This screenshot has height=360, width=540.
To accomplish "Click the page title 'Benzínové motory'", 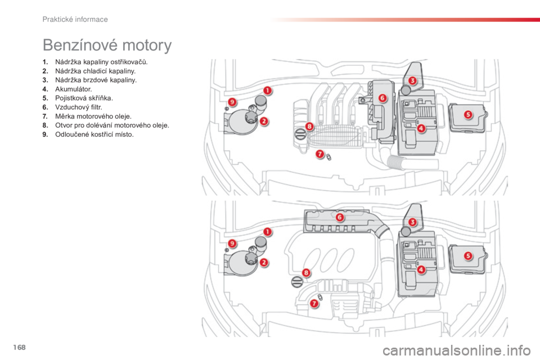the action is click(107, 46).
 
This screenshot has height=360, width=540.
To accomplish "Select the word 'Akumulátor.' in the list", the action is click(73, 89).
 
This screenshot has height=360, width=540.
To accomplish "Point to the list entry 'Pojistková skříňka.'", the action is click(84, 98).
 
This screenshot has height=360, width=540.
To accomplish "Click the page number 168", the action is click(20, 347).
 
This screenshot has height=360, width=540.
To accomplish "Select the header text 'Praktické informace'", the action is click(75, 20).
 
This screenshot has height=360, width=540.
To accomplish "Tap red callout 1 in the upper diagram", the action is click(268, 91).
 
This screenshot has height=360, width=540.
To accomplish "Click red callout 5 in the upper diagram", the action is click(467, 114).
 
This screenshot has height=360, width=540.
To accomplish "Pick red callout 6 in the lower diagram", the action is click(340, 217).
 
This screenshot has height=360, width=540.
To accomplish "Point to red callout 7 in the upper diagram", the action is click(320, 154).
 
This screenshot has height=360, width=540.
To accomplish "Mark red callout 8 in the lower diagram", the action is click(306, 273).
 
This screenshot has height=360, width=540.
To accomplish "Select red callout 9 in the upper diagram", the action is click(232, 102).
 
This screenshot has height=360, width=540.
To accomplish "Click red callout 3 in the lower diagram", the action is click(412, 222).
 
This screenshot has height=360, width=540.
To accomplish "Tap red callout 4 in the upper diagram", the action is click(421, 128).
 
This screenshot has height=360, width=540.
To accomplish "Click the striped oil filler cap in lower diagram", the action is click(296, 282).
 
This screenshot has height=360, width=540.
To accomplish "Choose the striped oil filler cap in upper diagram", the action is click(300, 133).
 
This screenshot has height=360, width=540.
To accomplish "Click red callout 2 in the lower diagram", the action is click(264, 263).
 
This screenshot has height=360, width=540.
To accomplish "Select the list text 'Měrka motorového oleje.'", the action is click(93, 116).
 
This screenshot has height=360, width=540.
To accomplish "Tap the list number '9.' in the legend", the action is click(46, 134).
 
